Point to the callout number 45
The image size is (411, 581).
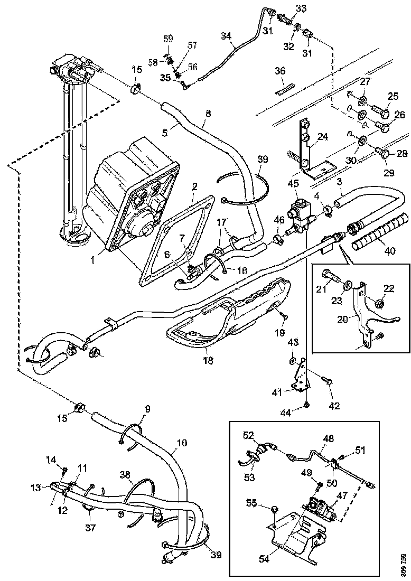click(293, 183)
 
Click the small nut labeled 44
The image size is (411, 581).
click(307, 406)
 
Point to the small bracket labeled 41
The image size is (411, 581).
click(300, 379)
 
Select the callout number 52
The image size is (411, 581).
click(249, 435)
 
